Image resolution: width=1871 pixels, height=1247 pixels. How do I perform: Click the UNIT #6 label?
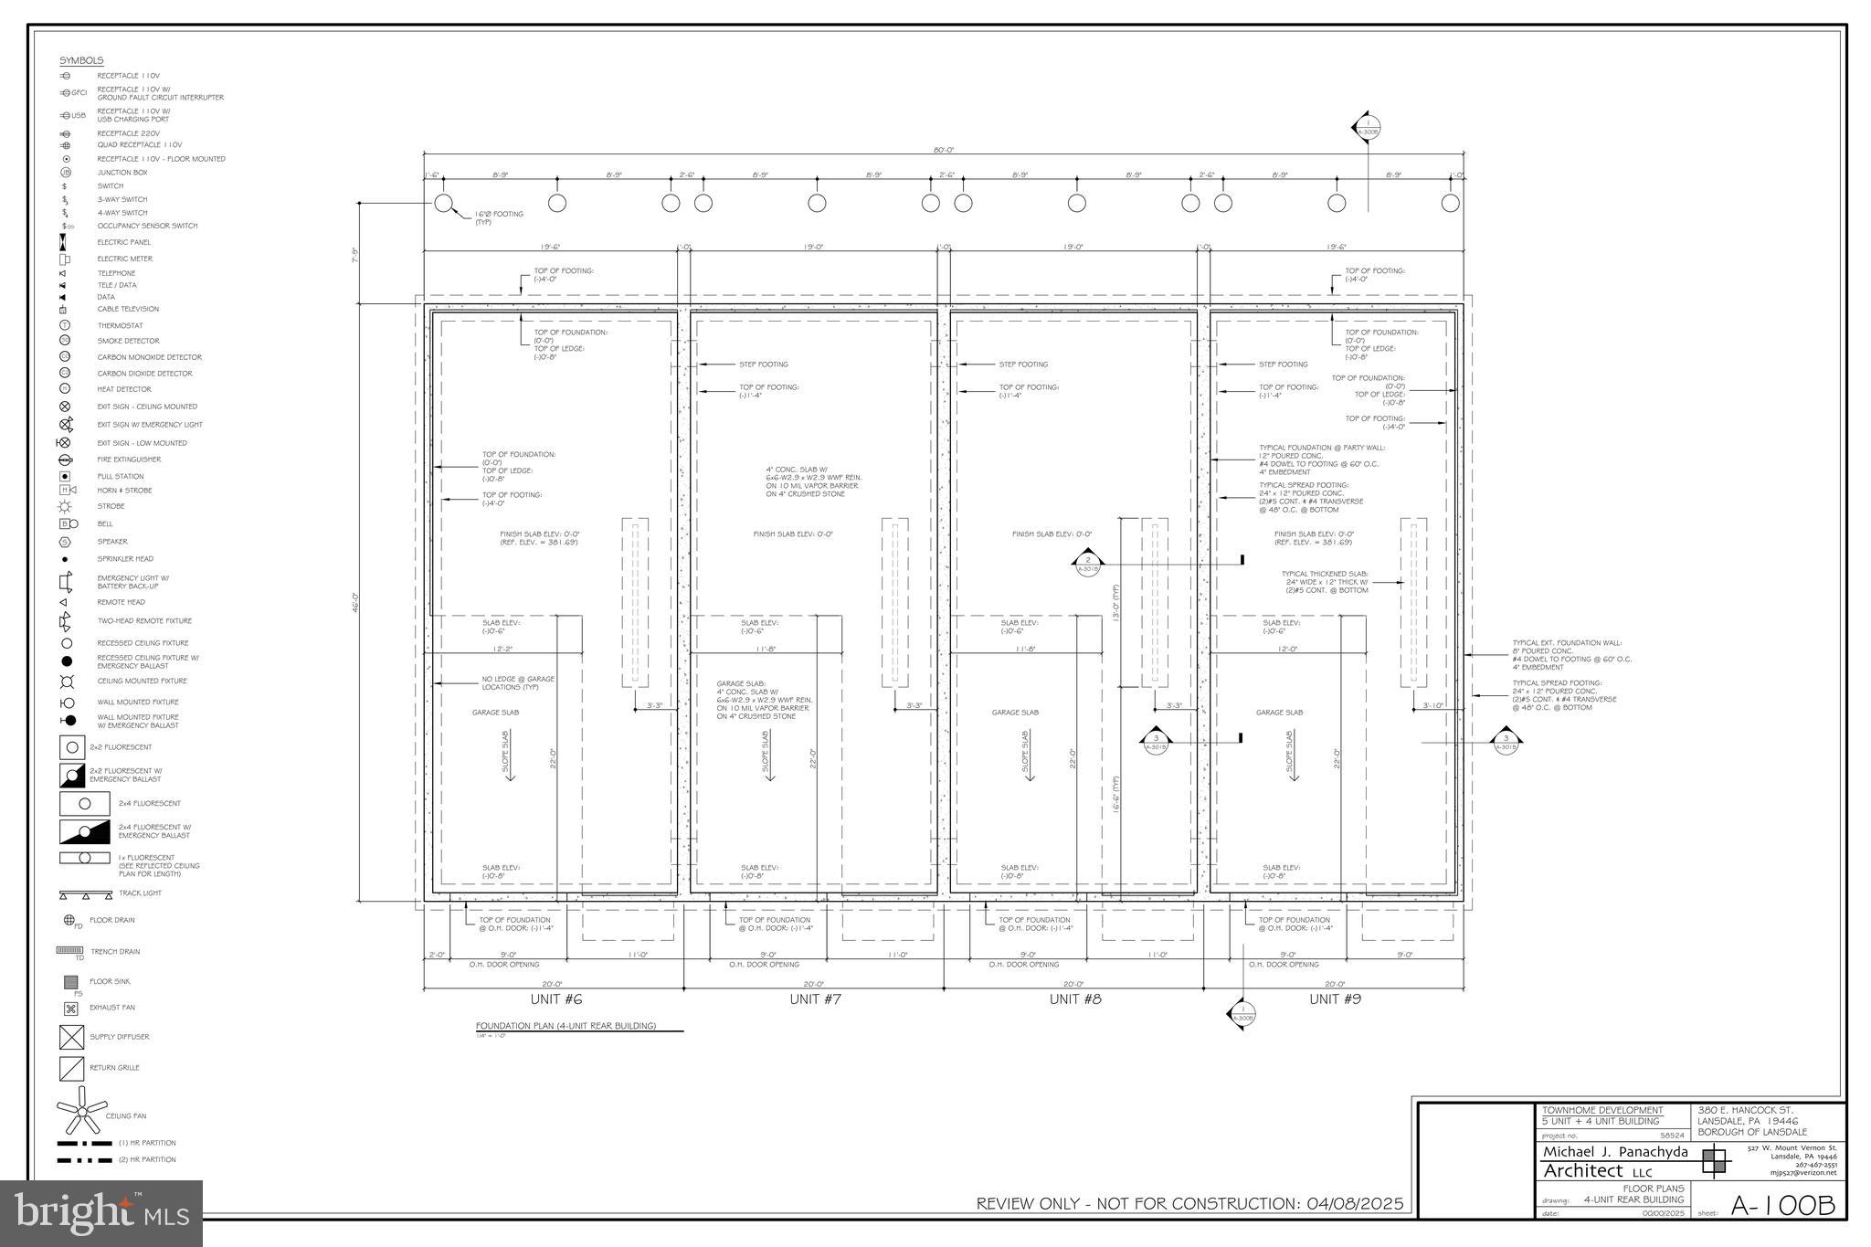click(555, 999)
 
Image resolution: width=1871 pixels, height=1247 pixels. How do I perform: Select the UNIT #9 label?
click(1335, 999)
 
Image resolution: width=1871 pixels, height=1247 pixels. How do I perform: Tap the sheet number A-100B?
click(1782, 1205)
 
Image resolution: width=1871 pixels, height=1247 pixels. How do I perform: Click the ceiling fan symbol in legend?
click(81, 1111)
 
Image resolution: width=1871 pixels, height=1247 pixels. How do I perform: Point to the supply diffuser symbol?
click(71, 1037)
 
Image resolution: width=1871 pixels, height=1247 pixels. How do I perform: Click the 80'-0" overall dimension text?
click(944, 150)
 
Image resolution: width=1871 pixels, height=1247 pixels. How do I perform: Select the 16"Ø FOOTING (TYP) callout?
click(499, 217)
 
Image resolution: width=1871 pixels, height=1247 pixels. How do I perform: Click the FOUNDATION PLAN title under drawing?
click(566, 1026)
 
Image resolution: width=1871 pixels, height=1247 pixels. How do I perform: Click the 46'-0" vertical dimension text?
click(355, 602)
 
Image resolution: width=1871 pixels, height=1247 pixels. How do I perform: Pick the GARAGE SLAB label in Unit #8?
click(1015, 713)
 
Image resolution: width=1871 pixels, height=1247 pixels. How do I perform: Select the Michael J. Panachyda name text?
click(1615, 1151)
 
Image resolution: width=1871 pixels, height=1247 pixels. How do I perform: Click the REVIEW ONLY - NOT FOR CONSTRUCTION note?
click(1189, 1203)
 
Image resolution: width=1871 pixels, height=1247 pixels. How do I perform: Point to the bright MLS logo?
click(101, 1213)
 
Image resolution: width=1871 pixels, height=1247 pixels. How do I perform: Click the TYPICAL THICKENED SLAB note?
click(1324, 582)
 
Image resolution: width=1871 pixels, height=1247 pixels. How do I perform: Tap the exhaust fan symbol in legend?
click(70, 1009)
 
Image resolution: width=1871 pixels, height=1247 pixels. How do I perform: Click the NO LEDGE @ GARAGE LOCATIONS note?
click(518, 682)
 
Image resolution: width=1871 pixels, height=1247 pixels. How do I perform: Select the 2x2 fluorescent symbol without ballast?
click(72, 747)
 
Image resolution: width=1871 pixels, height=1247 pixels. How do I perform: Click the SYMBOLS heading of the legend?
click(81, 60)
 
